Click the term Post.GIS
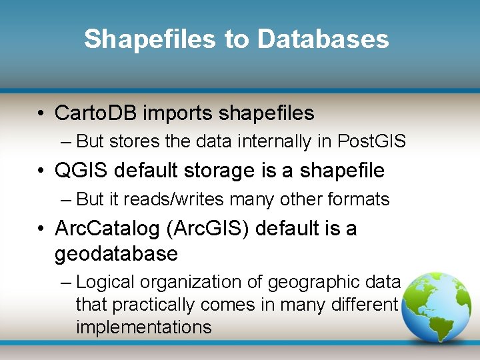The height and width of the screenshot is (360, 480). (x=372, y=142)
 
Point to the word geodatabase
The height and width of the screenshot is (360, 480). (x=116, y=254)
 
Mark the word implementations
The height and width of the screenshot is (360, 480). (x=143, y=327)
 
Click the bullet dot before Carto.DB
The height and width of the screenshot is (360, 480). (x=41, y=114)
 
